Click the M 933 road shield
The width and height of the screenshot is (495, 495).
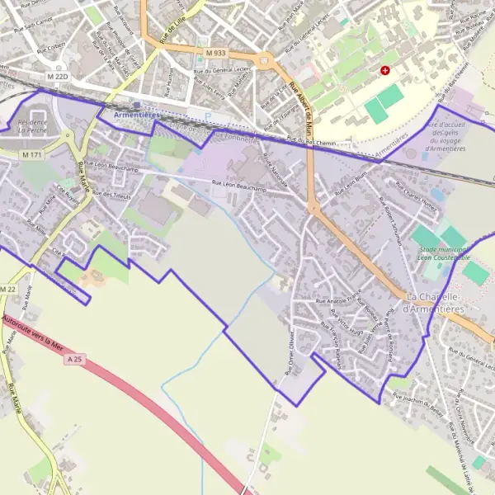(x=215, y=53)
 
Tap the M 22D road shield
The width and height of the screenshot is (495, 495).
(x=58, y=77)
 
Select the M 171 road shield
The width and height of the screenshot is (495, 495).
(x=32, y=155)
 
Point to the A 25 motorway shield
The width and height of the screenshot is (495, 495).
(x=76, y=359)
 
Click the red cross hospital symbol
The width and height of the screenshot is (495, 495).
(x=384, y=71)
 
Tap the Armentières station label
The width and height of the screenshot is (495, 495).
(x=137, y=115)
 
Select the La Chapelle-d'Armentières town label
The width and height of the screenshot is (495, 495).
(x=436, y=302)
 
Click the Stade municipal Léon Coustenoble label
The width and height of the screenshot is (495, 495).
(x=442, y=253)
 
